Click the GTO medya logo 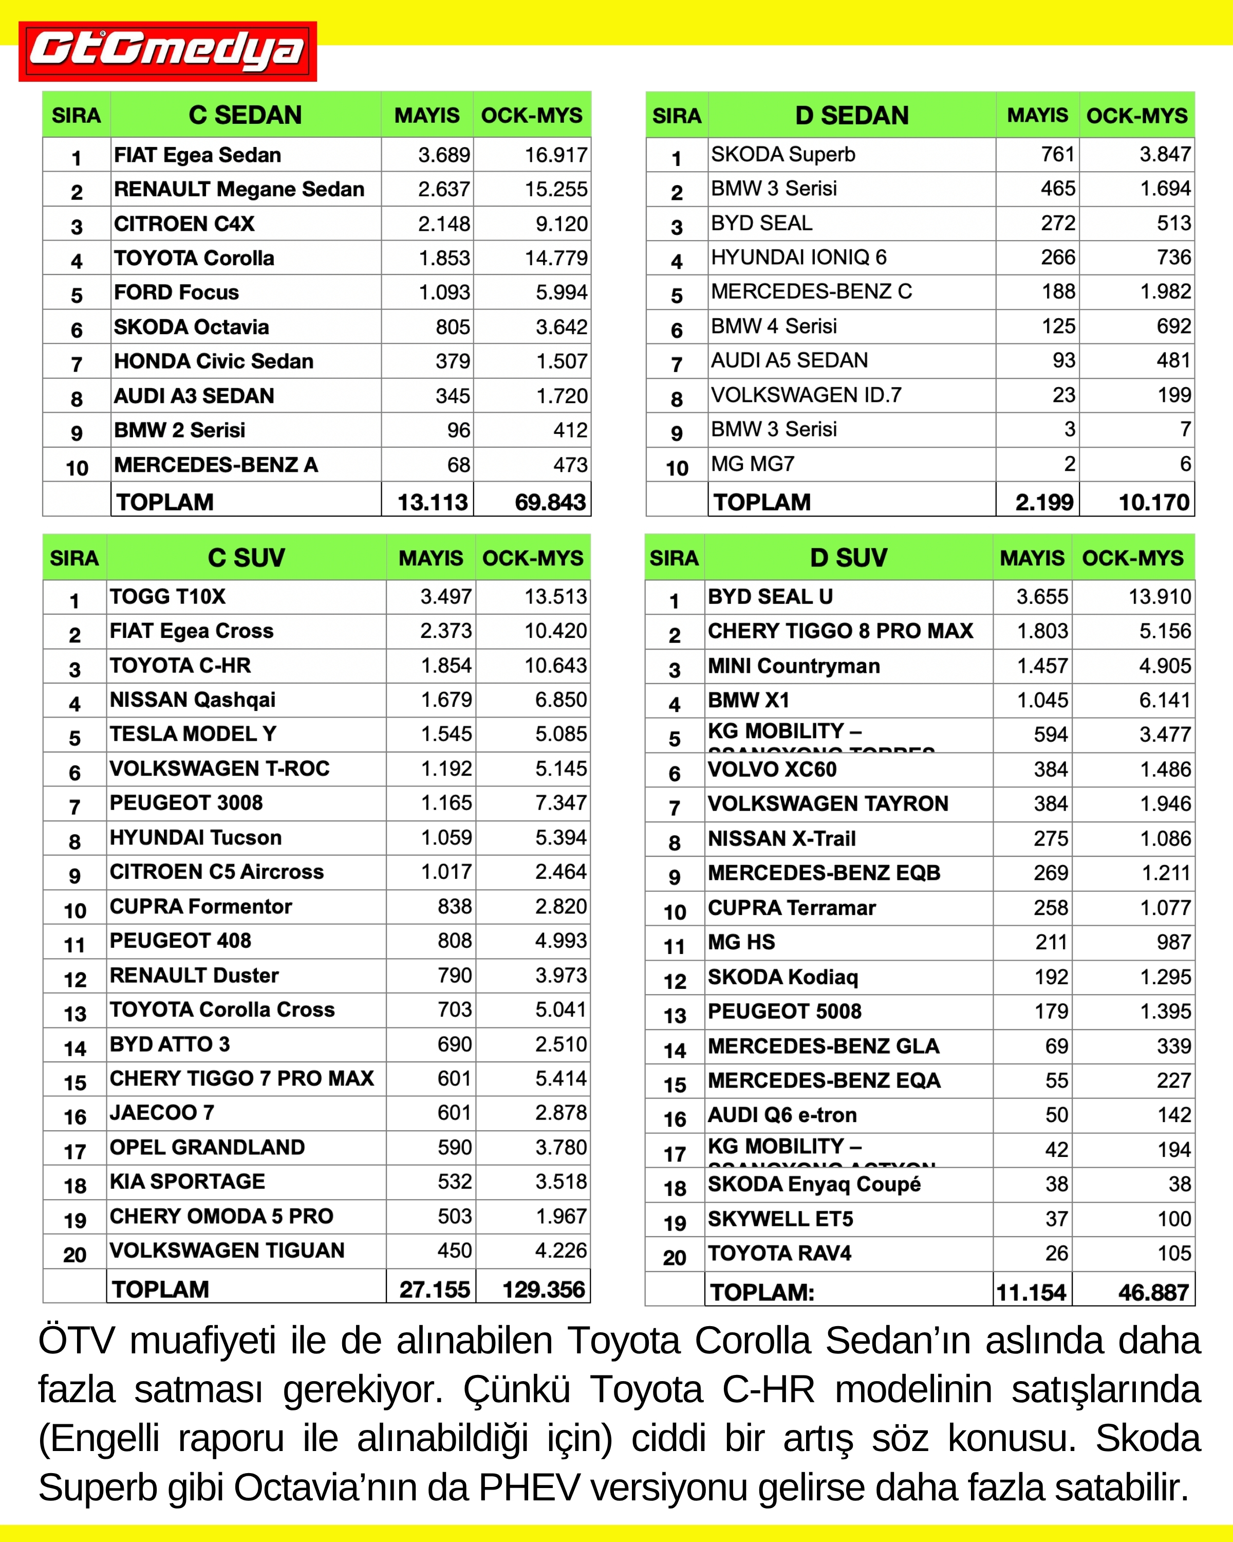[x=167, y=51]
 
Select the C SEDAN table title [x=245, y=115]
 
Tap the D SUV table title [x=848, y=558]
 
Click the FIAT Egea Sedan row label [x=197, y=155]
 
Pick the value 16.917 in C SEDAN [x=555, y=155]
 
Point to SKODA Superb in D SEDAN [x=782, y=155]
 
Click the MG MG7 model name [x=752, y=464]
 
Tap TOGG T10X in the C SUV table [x=167, y=596]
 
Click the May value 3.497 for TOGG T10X [x=445, y=596]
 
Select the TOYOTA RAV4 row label [x=779, y=1253]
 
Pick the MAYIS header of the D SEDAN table [x=1037, y=115]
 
